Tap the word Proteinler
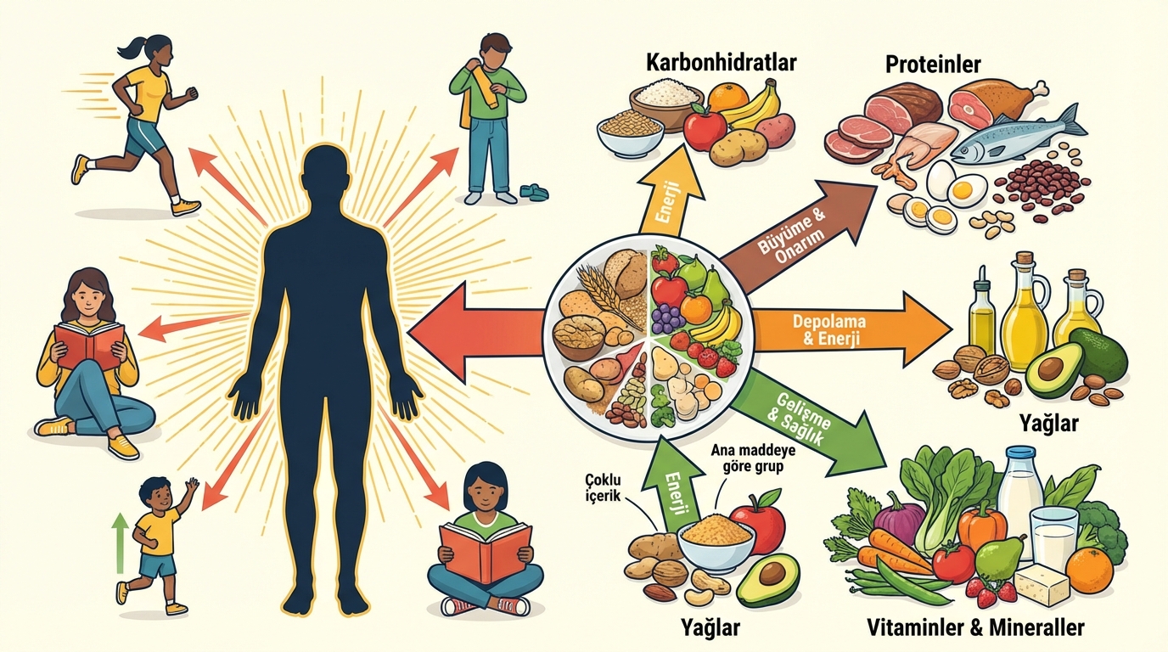point(933,64)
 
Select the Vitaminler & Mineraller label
point(975,627)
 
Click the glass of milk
point(1053,535)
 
